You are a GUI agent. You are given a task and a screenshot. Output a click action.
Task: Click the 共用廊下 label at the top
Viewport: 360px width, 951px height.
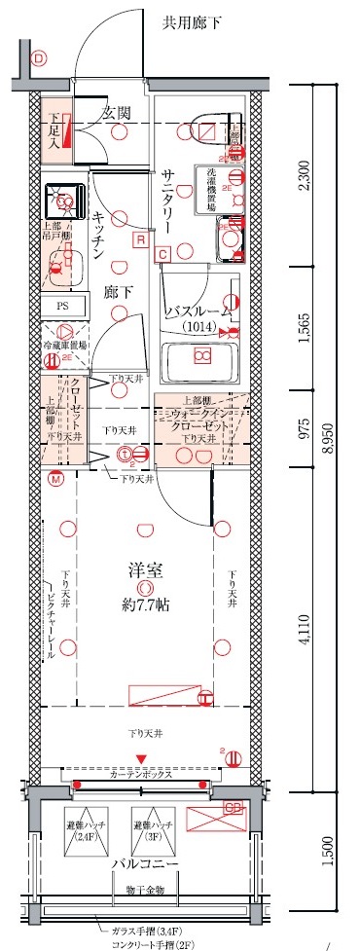coord(191,21)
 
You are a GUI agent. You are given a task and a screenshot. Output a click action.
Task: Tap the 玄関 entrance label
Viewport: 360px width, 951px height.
coord(118,112)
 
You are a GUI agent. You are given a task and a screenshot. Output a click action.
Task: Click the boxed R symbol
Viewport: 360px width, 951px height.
coord(142,238)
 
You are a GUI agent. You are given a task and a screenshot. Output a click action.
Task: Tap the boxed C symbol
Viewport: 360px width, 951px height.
coord(162,255)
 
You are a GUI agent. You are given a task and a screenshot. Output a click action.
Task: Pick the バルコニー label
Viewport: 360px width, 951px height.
coord(142,863)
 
